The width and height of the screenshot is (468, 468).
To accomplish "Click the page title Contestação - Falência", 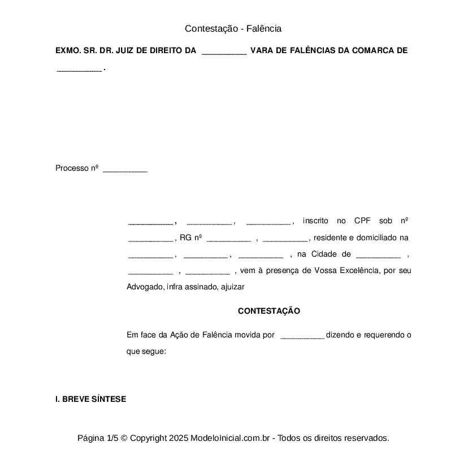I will (x=233, y=28).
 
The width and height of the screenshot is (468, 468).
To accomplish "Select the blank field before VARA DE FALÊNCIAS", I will (x=224, y=51).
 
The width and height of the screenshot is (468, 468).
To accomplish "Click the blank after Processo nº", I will (x=125, y=169).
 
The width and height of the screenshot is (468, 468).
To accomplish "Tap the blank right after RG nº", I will (x=229, y=239).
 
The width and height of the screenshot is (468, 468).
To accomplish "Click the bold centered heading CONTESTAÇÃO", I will (x=269, y=311).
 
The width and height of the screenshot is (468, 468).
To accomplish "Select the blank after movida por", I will (x=302, y=336).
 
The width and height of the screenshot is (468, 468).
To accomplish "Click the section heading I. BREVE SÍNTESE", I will (x=90, y=399).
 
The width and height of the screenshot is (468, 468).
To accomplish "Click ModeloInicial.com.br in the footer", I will (x=232, y=438).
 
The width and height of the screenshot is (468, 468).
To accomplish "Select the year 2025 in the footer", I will (x=178, y=438).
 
